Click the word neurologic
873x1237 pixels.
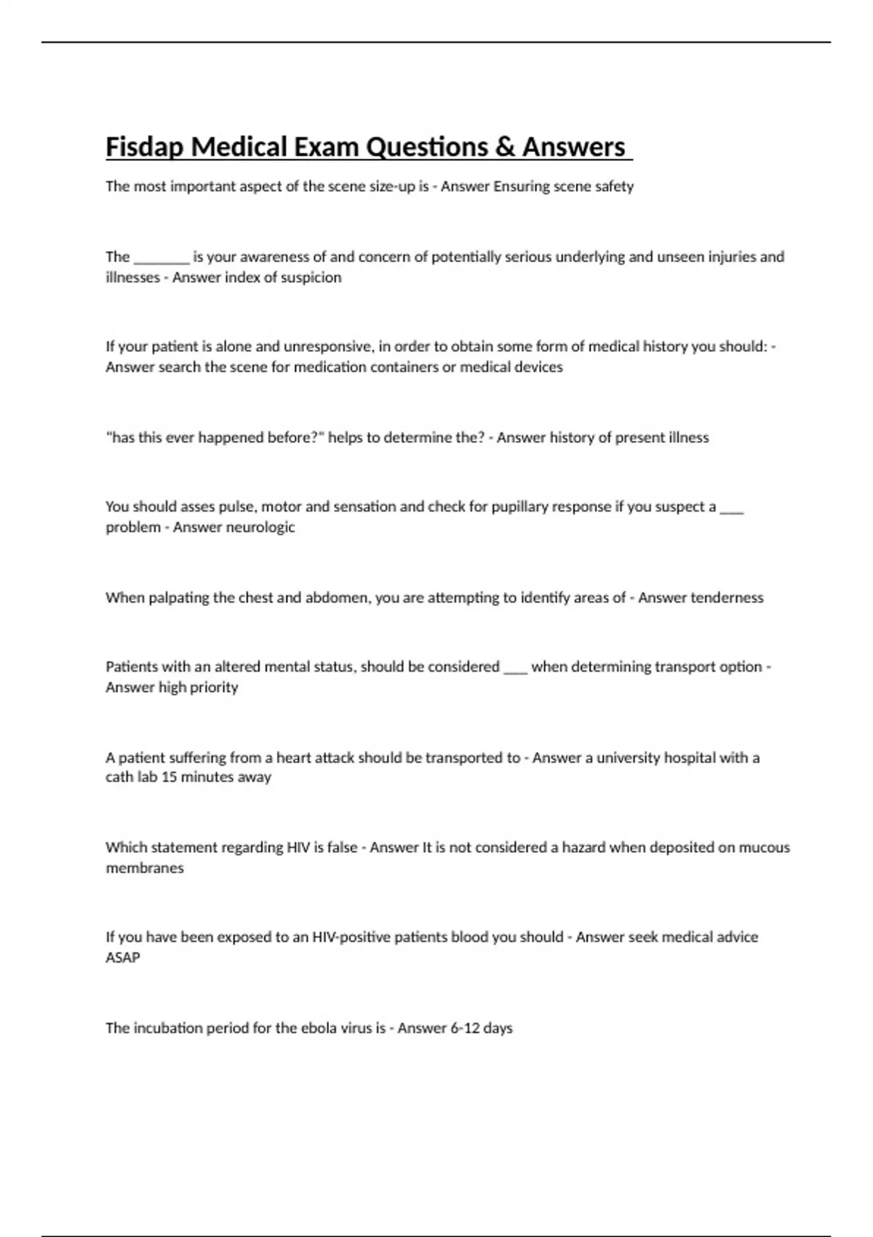point(260,527)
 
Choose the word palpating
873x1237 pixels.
point(178,597)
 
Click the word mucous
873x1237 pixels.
point(765,847)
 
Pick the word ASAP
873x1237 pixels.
point(123,958)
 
